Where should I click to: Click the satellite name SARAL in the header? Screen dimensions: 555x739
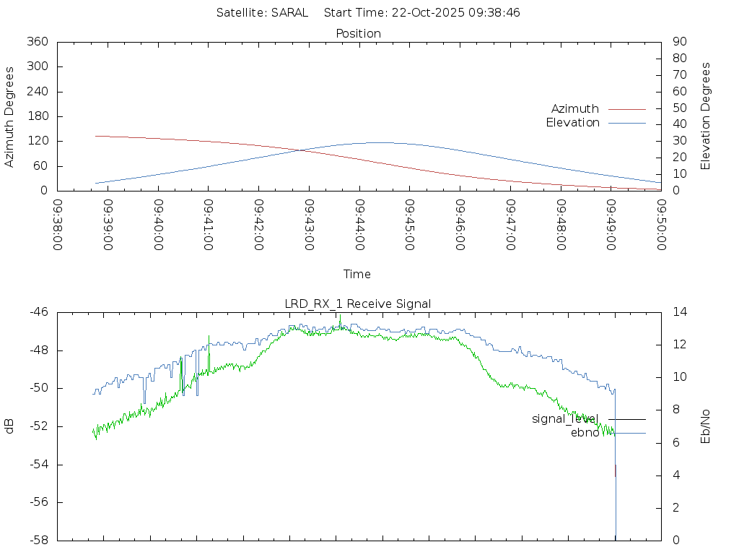coord(289,12)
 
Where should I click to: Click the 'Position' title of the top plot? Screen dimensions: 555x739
coord(359,33)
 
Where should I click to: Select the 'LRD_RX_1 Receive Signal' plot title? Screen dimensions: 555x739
coord(358,304)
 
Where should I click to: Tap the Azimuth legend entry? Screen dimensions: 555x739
coord(575,108)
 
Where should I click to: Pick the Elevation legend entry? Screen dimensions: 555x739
coord(572,123)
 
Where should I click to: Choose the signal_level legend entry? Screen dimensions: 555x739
coord(565,418)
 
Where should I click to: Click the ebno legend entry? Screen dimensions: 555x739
coord(585,433)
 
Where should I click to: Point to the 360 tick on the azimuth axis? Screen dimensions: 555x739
coord(37,42)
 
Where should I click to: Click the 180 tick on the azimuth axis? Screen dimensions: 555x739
coord(37,116)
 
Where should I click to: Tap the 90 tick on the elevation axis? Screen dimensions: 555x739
coord(678,42)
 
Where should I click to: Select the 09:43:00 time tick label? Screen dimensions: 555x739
coord(309,225)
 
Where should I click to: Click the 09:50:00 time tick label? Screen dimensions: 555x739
coord(661,225)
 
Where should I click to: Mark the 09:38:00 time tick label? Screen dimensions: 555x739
coord(58,225)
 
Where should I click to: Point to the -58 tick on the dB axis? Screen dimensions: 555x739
coord(38,540)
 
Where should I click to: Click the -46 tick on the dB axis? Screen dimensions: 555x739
coord(38,312)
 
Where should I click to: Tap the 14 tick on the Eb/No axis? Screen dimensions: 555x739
coord(679,312)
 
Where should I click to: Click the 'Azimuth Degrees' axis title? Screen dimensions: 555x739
coord(9,116)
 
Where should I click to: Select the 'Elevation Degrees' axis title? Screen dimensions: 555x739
coord(706,116)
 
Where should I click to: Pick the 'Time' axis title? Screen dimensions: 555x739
coord(357,274)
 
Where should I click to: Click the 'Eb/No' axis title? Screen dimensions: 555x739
coord(706,426)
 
